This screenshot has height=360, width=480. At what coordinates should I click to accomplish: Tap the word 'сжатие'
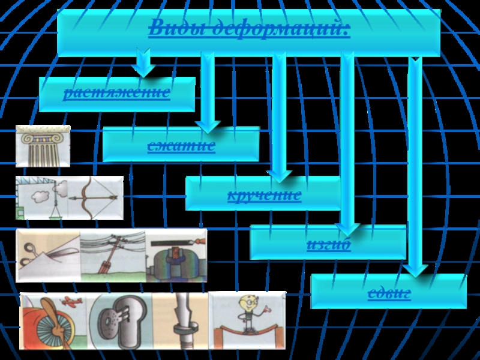(x=181, y=145)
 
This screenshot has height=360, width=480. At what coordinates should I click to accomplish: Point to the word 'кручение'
(x=264, y=195)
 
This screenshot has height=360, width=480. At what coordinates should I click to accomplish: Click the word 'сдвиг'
(x=389, y=293)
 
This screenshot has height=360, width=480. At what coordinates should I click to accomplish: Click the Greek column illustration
(x=43, y=145)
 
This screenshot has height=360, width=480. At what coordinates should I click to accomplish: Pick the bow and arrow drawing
(x=96, y=196)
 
